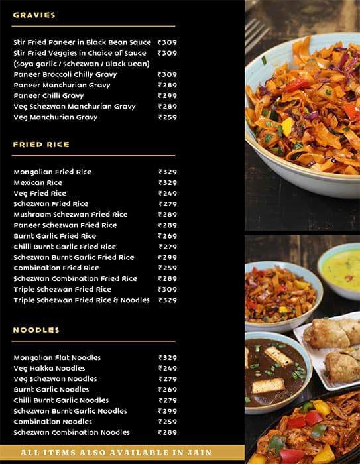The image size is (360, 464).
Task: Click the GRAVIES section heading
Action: point(34,15)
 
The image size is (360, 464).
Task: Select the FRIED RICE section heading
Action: point(41,145)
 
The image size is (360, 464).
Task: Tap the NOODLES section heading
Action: point(36,330)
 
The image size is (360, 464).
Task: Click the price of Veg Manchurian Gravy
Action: point(168,117)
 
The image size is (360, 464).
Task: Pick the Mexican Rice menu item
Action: point(38,182)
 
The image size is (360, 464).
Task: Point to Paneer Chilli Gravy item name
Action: point(48,95)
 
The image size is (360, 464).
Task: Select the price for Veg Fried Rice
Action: point(168,193)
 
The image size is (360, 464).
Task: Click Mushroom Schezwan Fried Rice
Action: point(70,214)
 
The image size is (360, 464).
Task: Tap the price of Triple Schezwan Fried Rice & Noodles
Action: point(168,300)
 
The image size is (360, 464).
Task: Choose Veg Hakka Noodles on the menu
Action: point(49,368)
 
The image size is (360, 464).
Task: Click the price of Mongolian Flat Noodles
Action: point(168,357)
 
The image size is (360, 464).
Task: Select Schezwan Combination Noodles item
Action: point(72,432)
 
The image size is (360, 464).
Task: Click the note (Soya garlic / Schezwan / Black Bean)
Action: point(82,64)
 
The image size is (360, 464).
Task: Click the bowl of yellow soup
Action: point(341,268)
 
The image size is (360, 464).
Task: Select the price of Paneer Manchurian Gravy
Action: point(168,85)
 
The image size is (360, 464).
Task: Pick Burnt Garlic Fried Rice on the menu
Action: point(54,236)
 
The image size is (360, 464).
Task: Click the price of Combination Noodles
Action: point(168,422)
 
